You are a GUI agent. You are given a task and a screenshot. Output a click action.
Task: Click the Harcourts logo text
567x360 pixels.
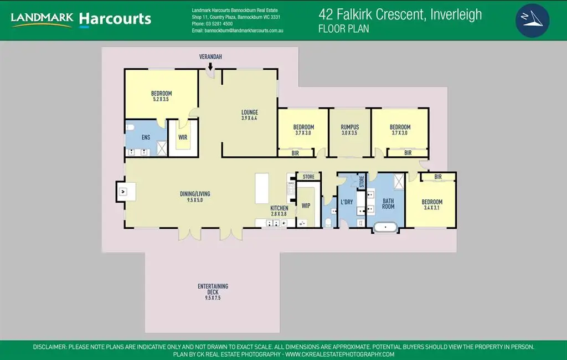click(115, 19)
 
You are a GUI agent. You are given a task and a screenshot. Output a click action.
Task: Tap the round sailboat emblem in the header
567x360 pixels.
click(532, 20)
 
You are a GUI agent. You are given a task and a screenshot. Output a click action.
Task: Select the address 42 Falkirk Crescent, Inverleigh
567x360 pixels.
click(400, 14)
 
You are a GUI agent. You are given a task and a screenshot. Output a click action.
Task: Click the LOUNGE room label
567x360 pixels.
click(250, 112)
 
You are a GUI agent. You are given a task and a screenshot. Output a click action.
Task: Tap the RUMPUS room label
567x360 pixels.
click(350, 127)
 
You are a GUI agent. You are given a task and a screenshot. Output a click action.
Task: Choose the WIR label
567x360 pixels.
click(183, 137)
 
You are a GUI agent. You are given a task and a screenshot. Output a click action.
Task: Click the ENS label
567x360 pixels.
click(146, 137)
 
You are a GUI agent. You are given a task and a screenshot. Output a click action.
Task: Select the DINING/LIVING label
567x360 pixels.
click(195, 194)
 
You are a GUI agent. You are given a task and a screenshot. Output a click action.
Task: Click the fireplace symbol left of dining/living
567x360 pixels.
click(122, 192)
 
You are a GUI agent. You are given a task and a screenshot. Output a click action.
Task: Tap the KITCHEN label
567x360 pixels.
click(279, 208)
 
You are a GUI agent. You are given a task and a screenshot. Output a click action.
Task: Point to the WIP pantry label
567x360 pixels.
click(306, 205)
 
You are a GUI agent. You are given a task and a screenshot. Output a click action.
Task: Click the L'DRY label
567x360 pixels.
click(347, 202)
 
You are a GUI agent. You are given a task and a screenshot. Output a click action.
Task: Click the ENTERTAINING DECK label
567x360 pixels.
click(213, 289)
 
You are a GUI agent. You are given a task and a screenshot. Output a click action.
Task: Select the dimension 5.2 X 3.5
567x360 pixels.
click(161, 99)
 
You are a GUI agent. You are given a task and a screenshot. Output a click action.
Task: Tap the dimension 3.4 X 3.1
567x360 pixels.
click(432, 208)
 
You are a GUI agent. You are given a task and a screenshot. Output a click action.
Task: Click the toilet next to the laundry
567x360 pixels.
click(329, 222)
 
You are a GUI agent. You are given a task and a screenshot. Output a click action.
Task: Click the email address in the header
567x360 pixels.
click(238, 30)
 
